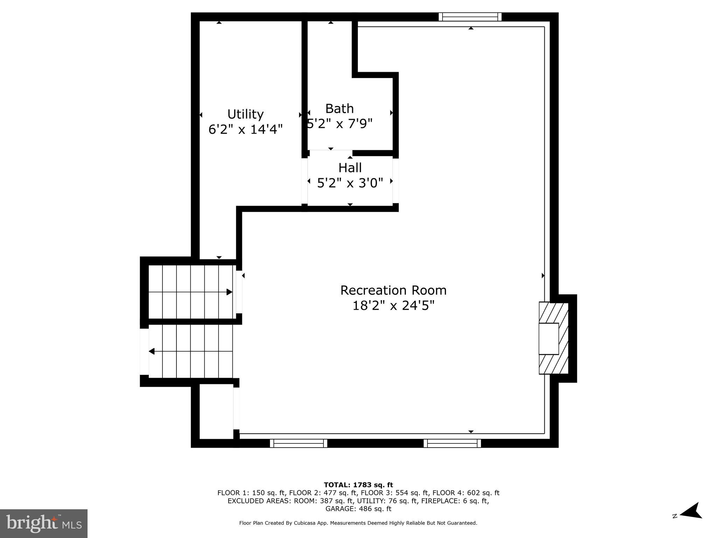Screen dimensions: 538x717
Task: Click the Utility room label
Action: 245,114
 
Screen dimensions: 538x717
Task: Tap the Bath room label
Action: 339,109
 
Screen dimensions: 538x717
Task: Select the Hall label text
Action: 350,168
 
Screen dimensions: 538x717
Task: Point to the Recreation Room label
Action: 393,290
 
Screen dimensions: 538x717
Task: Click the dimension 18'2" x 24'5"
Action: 393,306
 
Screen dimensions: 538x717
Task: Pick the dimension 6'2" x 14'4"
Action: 245,130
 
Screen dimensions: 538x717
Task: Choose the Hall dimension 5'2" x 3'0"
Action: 350,183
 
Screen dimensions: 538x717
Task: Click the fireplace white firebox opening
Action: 548,339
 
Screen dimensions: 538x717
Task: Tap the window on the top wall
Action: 470,17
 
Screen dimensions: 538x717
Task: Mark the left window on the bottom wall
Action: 298,443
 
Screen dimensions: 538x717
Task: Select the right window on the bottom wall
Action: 452,443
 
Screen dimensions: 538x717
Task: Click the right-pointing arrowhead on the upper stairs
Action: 229,292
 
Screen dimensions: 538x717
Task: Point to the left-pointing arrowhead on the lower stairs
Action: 152,351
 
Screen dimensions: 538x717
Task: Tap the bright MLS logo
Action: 44,523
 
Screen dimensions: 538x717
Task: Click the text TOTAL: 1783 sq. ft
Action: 358,485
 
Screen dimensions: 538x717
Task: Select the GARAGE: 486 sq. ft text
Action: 358,509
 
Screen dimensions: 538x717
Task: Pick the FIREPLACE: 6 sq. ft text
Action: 455,501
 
